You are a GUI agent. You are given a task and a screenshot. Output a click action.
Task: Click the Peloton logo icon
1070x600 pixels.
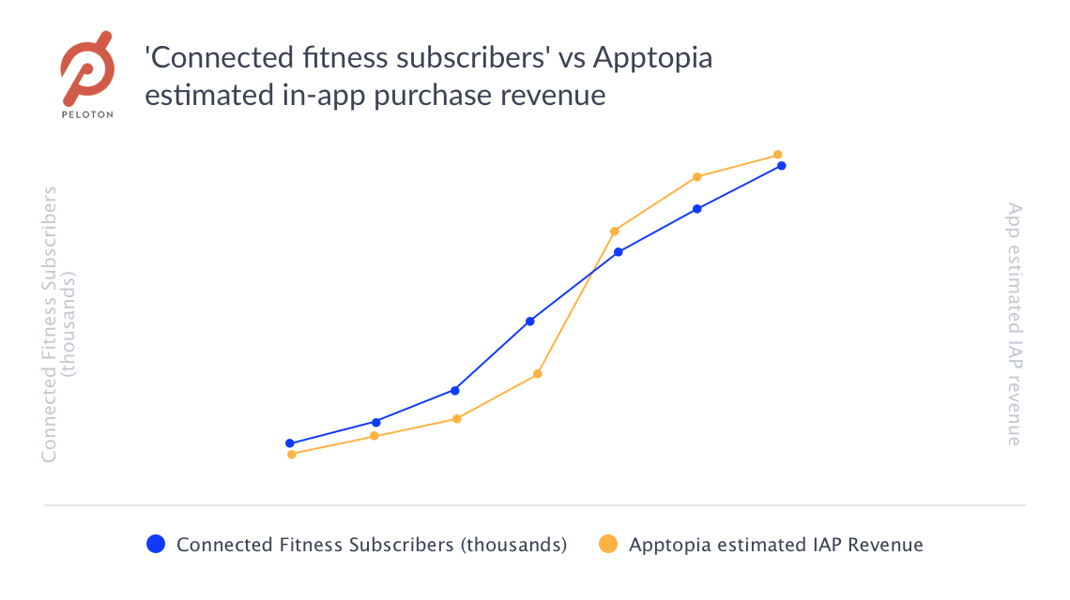87,67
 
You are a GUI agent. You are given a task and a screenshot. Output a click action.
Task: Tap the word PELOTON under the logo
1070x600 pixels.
87,114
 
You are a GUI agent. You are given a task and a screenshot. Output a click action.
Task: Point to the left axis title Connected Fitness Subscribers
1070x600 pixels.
50,324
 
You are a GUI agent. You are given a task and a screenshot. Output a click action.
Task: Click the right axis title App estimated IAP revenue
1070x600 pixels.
1014,324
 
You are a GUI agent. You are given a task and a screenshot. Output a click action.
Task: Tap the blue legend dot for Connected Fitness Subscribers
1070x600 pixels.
157,544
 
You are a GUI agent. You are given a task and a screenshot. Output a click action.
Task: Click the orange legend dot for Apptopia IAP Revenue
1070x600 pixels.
608,544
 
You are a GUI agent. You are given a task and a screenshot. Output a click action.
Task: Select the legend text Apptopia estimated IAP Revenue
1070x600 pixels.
776,545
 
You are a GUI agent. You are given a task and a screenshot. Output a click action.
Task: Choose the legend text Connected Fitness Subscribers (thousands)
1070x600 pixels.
372,545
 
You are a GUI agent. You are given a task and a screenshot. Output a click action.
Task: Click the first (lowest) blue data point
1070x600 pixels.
290,443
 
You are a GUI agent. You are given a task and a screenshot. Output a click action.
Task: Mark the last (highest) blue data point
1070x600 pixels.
781,166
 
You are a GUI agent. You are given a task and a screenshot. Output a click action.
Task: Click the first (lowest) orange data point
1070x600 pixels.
292,454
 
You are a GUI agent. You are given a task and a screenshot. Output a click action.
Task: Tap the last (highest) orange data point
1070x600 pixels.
777,155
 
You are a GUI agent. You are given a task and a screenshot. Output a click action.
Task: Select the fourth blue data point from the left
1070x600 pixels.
530,322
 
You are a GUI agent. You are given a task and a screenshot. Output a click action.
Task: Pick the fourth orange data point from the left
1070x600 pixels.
538,374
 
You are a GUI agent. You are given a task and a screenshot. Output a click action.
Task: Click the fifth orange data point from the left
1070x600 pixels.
615,231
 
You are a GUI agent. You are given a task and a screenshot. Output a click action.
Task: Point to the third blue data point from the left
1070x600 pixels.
455,390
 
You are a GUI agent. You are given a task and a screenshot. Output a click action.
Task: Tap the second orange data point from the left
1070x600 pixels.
374,436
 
